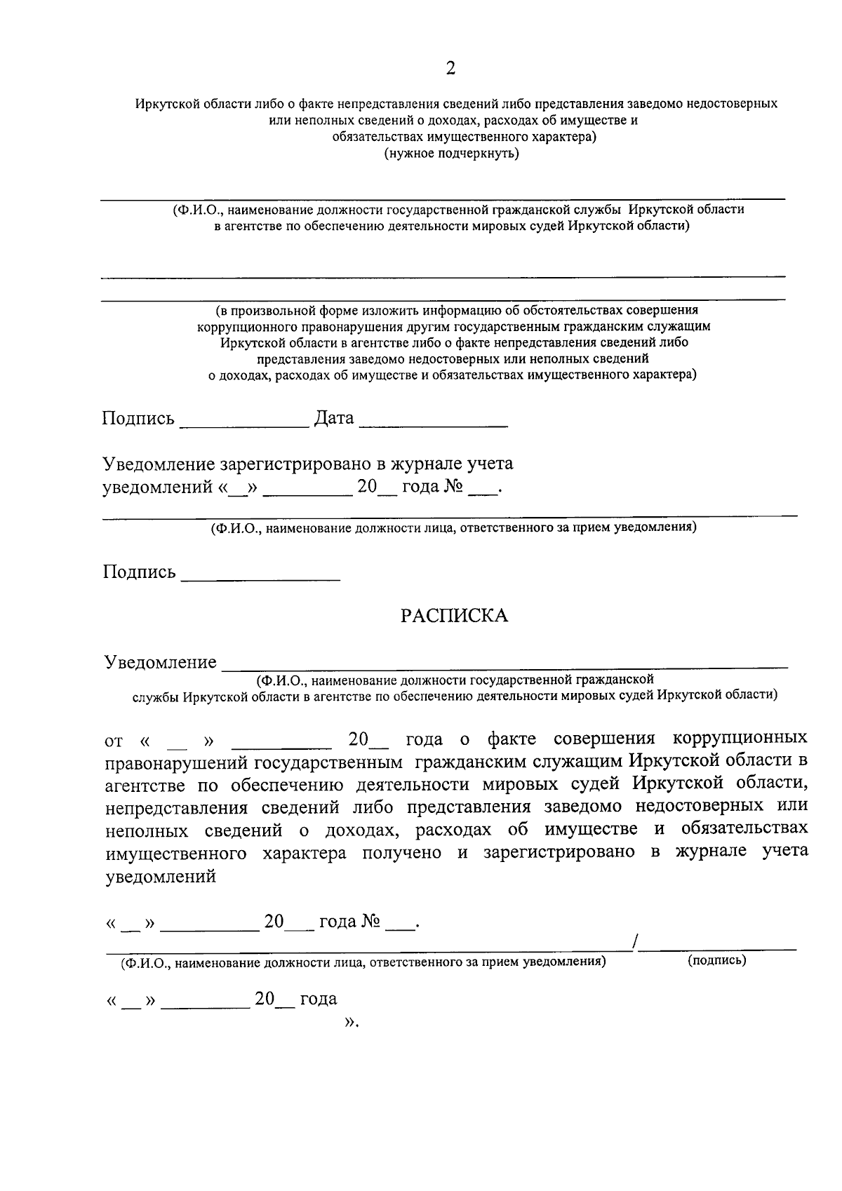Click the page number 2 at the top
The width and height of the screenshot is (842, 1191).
450,68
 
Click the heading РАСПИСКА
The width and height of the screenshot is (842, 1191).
454,616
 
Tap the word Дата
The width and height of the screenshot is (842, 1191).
333,418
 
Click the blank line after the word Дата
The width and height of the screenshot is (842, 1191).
436,424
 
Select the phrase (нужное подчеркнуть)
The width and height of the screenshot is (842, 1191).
451,154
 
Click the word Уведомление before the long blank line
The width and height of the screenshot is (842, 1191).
161,661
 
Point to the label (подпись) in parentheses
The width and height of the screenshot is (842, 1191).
717,960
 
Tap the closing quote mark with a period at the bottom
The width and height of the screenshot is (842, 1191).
351,1023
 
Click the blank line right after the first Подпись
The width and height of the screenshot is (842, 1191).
243,424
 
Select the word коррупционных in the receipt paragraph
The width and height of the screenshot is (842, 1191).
740,739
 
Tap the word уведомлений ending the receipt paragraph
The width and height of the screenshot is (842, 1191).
161,877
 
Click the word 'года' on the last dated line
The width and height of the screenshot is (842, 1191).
319,999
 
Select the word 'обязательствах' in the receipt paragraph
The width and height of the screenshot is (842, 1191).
744,829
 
